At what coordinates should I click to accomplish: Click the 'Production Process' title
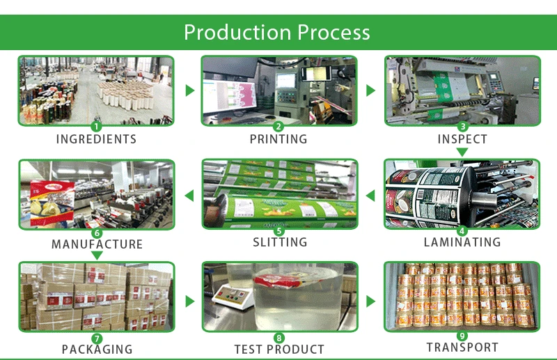(x=277, y=32)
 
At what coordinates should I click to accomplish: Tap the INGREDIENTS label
(x=96, y=139)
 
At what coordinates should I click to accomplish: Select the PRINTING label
(x=278, y=139)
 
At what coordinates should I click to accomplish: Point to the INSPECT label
(x=462, y=139)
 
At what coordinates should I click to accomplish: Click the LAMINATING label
(x=462, y=242)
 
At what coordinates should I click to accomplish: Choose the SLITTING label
(x=279, y=242)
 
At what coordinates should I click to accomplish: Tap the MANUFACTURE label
(x=97, y=244)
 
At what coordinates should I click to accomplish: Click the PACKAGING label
(x=97, y=349)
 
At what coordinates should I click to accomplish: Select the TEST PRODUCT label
(x=279, y=349)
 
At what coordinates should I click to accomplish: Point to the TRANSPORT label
(x=462, y=347)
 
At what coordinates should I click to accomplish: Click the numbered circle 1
(x=97, y=127)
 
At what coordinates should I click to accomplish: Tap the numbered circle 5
(x=279, y=230)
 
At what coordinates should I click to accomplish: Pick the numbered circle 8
(x=279, y=338)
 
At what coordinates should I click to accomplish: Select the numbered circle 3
(x=462, y=127)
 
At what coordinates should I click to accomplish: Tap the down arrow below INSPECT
(x=462, y=151)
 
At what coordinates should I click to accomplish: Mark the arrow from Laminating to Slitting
(x=371, y=196)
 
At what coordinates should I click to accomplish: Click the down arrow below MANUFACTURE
(x=97, y=256)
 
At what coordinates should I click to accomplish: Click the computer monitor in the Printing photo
(x=229, y=92)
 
